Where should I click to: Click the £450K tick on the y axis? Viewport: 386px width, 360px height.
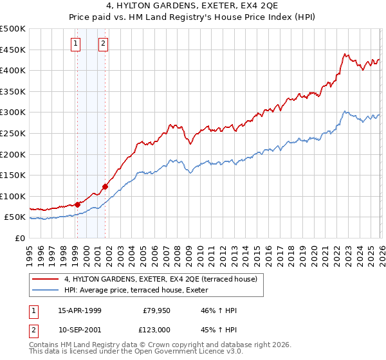(x=13, y=50)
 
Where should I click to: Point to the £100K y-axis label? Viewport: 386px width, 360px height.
(x=13, y=196)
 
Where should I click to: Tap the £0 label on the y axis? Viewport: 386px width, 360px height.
(x=20, y=238)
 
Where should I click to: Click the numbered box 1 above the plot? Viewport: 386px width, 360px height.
(x=76, y=44)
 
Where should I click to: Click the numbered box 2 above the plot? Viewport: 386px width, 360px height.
(x=103, y=44)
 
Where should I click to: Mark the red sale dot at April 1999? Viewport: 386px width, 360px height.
(x=78, y=204)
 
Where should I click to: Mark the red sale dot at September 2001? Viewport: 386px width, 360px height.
(x=105, y=186)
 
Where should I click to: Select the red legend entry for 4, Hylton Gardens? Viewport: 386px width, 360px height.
(x=161, y=279)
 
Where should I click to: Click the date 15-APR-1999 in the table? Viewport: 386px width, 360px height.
(x=80, y=310)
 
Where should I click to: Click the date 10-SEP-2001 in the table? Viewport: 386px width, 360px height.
(x=80, y=330)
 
